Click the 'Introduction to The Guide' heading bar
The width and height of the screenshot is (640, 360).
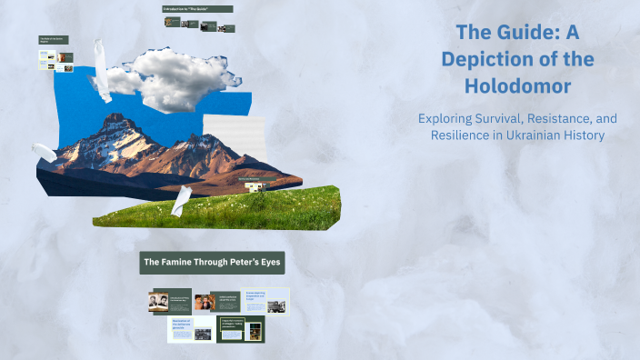(x=197, y=9)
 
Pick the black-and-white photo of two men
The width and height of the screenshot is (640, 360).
(x=158, y=303)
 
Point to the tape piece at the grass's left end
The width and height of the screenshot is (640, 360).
(x=181, y=201)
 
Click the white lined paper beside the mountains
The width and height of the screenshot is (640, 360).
(x=222, y=137)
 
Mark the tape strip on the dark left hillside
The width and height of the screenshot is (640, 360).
(x=43, y=152)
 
